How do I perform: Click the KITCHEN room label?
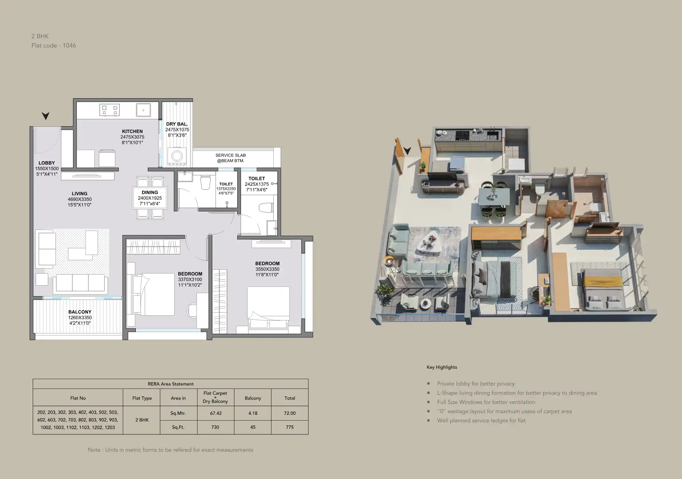point(132,131)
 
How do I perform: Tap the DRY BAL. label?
point(177,124)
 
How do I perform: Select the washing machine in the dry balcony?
point(177,156)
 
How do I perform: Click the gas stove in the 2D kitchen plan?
point(110,110)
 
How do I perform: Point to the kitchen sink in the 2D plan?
point(143,110)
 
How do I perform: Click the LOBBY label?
point(47,163)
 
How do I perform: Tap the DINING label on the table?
point(150,192)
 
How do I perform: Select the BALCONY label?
point(80,312)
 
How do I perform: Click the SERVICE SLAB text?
point(231,155)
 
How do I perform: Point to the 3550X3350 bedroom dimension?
point(268,269)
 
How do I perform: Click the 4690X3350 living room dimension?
point(80,199)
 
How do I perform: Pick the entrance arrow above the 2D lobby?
point(45,116)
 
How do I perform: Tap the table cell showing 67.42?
point(216,413)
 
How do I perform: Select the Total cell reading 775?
point(290,427)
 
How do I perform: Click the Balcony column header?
point(253,398)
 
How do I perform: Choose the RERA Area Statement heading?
point(171,384)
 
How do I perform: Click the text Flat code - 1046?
point(54,45)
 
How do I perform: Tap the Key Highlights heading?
point(442,367)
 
